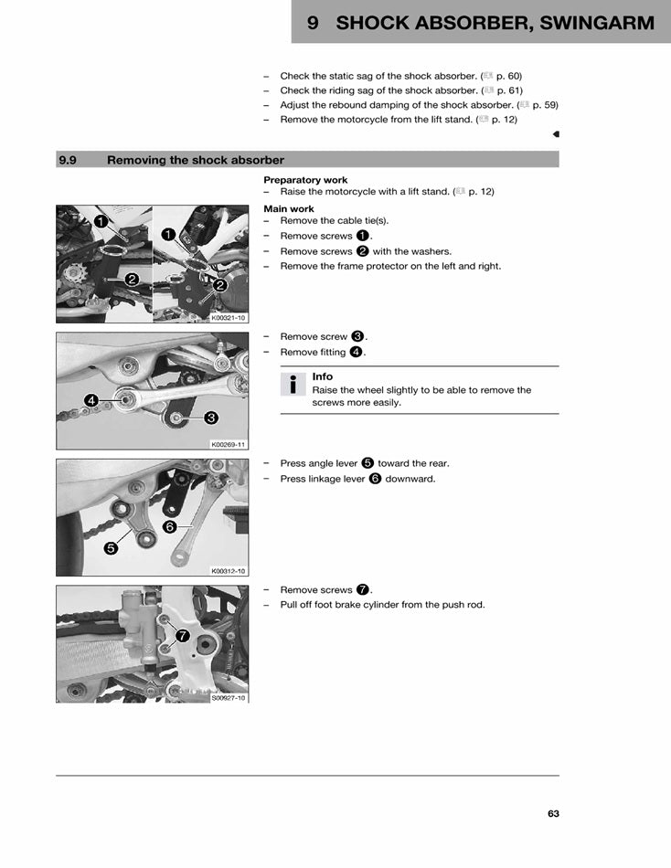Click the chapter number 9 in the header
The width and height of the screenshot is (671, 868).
click(x=313, y=24)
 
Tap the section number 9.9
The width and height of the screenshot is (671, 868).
click(x=67, y=160)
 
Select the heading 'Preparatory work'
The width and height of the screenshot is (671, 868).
click(x=305, y=180)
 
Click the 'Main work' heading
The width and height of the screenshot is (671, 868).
click(x=289, y=209)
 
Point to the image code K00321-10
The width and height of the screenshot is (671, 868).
click(x=229, y=318)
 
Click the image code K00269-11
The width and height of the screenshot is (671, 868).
click(x=229, y=445)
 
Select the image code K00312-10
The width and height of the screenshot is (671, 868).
click(x=229, y=571)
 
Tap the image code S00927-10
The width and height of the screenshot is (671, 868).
click(x=229, y=697)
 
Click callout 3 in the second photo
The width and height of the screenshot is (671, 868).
click(x=210, y=418)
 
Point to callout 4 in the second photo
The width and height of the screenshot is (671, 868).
click(x=91, y=400)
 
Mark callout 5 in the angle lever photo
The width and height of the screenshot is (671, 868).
click(x=111, y=549)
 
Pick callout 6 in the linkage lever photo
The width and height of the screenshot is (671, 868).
click(x=170, y=527)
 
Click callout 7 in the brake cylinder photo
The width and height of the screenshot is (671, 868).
click(x=182, y=635)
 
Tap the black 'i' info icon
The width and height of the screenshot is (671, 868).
click(x=293, y=385)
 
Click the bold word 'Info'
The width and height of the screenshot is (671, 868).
click(x=323, y=376)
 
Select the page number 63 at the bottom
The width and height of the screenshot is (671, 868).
click(x=553, y=814)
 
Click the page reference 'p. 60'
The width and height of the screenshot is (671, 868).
click(x=507, y=76)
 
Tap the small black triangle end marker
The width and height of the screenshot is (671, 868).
click(x=556, y=134)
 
